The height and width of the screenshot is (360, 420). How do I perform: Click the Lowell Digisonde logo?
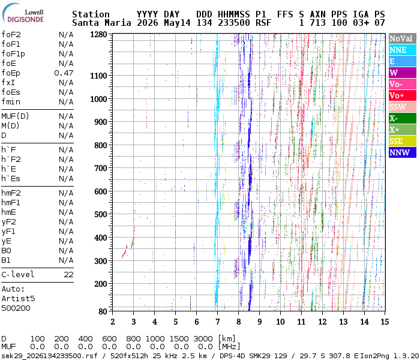23,13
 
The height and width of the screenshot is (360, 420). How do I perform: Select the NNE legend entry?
403,50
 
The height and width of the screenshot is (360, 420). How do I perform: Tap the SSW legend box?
403,107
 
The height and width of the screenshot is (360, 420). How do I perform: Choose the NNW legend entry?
403,152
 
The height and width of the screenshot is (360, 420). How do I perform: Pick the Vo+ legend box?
403,95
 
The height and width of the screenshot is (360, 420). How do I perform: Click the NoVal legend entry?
403,38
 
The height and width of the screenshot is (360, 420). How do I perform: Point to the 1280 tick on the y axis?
98,35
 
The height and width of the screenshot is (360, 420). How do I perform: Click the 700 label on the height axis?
101,168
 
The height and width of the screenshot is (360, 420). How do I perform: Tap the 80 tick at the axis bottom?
103,311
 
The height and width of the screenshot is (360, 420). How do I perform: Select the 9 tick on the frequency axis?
260,322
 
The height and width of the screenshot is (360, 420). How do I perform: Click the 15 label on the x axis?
385,322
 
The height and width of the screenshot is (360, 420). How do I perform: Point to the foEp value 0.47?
64,73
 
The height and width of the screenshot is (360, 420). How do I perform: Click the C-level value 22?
68,275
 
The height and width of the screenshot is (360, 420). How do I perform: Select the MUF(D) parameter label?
15,116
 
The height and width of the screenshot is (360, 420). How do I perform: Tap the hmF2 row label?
11,193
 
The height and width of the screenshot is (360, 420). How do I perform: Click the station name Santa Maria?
101,23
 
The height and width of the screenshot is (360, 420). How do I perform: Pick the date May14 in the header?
177,23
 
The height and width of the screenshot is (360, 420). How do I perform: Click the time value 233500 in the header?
234,23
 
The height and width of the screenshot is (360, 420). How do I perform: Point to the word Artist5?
18,298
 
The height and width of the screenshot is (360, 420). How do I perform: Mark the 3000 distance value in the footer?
203,339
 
